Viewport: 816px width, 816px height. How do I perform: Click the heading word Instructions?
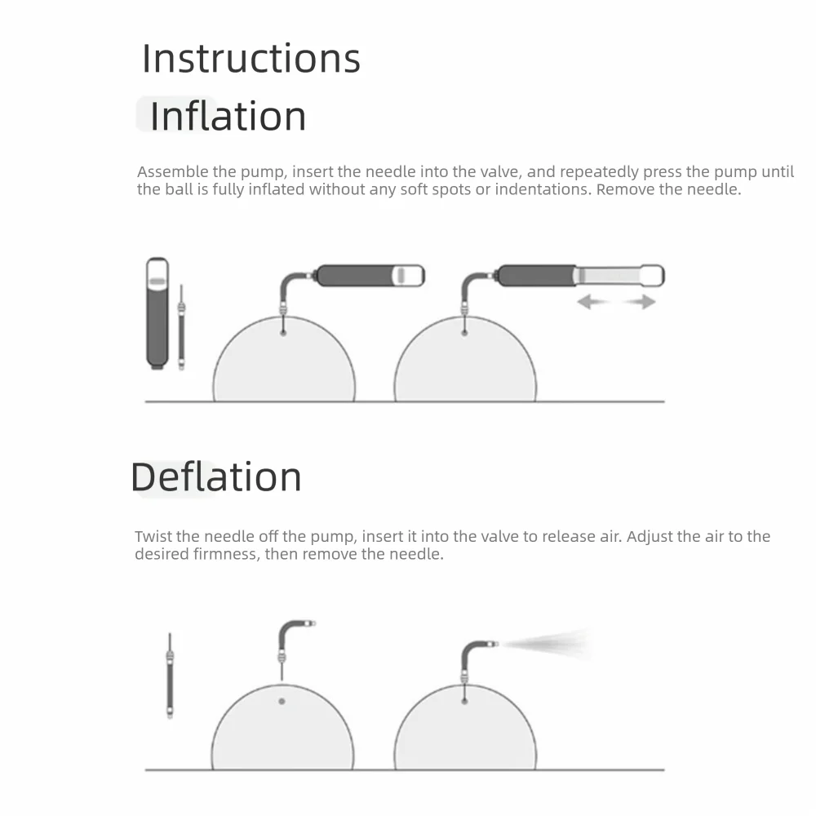251,58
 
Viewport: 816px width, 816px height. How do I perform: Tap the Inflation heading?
228,116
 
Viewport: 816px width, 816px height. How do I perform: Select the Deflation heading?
216,477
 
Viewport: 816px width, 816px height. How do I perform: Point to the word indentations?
543,189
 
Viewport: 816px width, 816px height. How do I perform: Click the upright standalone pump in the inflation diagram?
157,313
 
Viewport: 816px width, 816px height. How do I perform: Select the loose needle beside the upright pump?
181,327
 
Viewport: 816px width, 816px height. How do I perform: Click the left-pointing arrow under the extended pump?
592,301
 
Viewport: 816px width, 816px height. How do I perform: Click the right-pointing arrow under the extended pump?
640,301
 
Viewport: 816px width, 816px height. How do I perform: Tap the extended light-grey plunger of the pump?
608,275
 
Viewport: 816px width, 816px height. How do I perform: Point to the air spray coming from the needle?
547,645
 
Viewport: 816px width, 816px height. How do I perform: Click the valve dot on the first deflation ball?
282,701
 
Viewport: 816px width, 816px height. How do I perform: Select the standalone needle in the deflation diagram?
170,676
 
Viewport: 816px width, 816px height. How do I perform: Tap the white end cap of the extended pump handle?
653,275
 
